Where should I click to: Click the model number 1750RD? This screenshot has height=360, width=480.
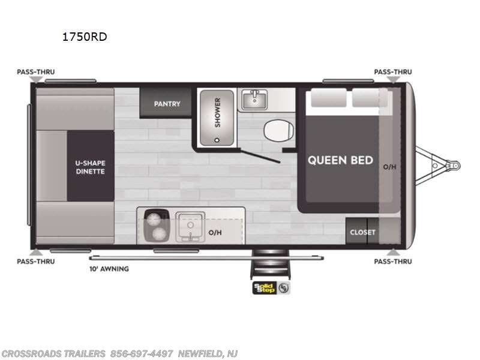(x=85, y=37)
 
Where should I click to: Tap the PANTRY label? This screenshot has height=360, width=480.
(x=167, y=104)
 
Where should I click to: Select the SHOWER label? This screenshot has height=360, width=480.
(x=217, y=112)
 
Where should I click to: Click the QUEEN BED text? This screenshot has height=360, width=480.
(x=340, y=160)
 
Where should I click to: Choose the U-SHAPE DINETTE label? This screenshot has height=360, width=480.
(x=90, y=167)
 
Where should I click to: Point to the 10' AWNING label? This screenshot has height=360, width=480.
(x=109, y=269)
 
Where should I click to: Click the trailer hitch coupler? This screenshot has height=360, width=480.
(x=454, y=164)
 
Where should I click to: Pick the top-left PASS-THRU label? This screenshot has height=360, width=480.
(x=35, y=72)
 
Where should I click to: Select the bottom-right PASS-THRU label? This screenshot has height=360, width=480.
(x=393, y=261)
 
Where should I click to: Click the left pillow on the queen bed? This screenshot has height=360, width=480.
(x=329, y=98)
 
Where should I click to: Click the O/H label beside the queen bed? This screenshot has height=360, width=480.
(x=390, y=167)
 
